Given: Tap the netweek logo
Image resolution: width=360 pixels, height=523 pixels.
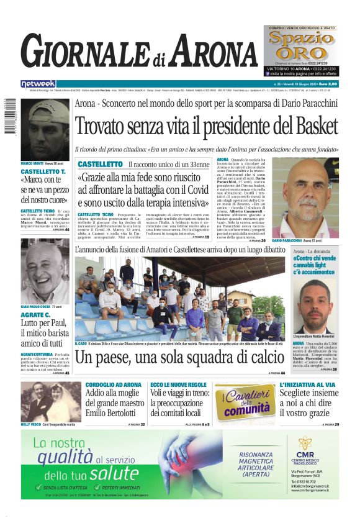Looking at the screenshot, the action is click(38, 83).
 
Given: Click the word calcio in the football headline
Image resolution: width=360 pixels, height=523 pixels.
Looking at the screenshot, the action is click(261, 357).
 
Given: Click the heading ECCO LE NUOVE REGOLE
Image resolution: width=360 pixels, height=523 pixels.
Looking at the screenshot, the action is click(179, 384).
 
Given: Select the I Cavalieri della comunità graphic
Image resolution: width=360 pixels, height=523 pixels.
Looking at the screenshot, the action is click(246, 402).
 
